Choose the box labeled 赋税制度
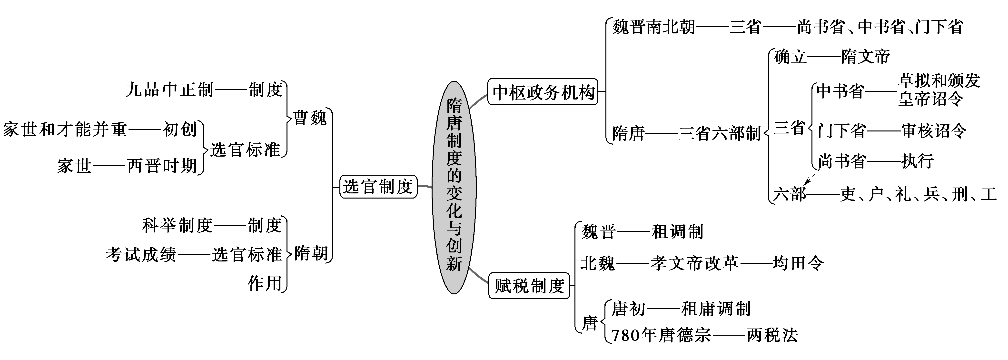point(529,286)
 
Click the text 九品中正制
point(170,90)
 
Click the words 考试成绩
point(141,255)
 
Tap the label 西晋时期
point(162,166)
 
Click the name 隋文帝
point(866,57)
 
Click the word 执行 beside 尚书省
point(917,161)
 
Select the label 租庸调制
point(716,309)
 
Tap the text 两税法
point(772,335)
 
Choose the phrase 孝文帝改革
point(695,263)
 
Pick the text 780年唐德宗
point(661,335)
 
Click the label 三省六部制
point(719,133)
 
